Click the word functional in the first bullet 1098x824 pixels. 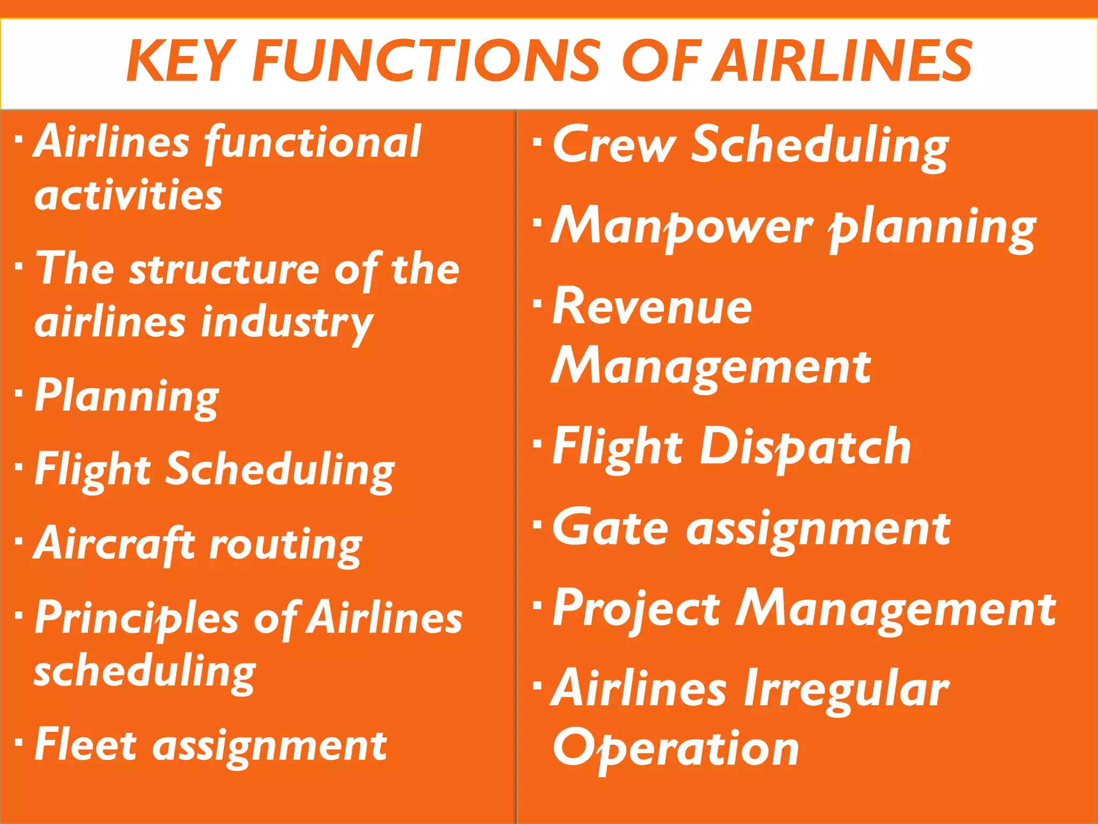tap(313, 143)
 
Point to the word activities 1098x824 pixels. tap(128, 195)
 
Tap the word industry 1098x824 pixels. tap(287, 324)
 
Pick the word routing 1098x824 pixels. tap(286, 546)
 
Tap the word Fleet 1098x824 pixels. tap(86, 746)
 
